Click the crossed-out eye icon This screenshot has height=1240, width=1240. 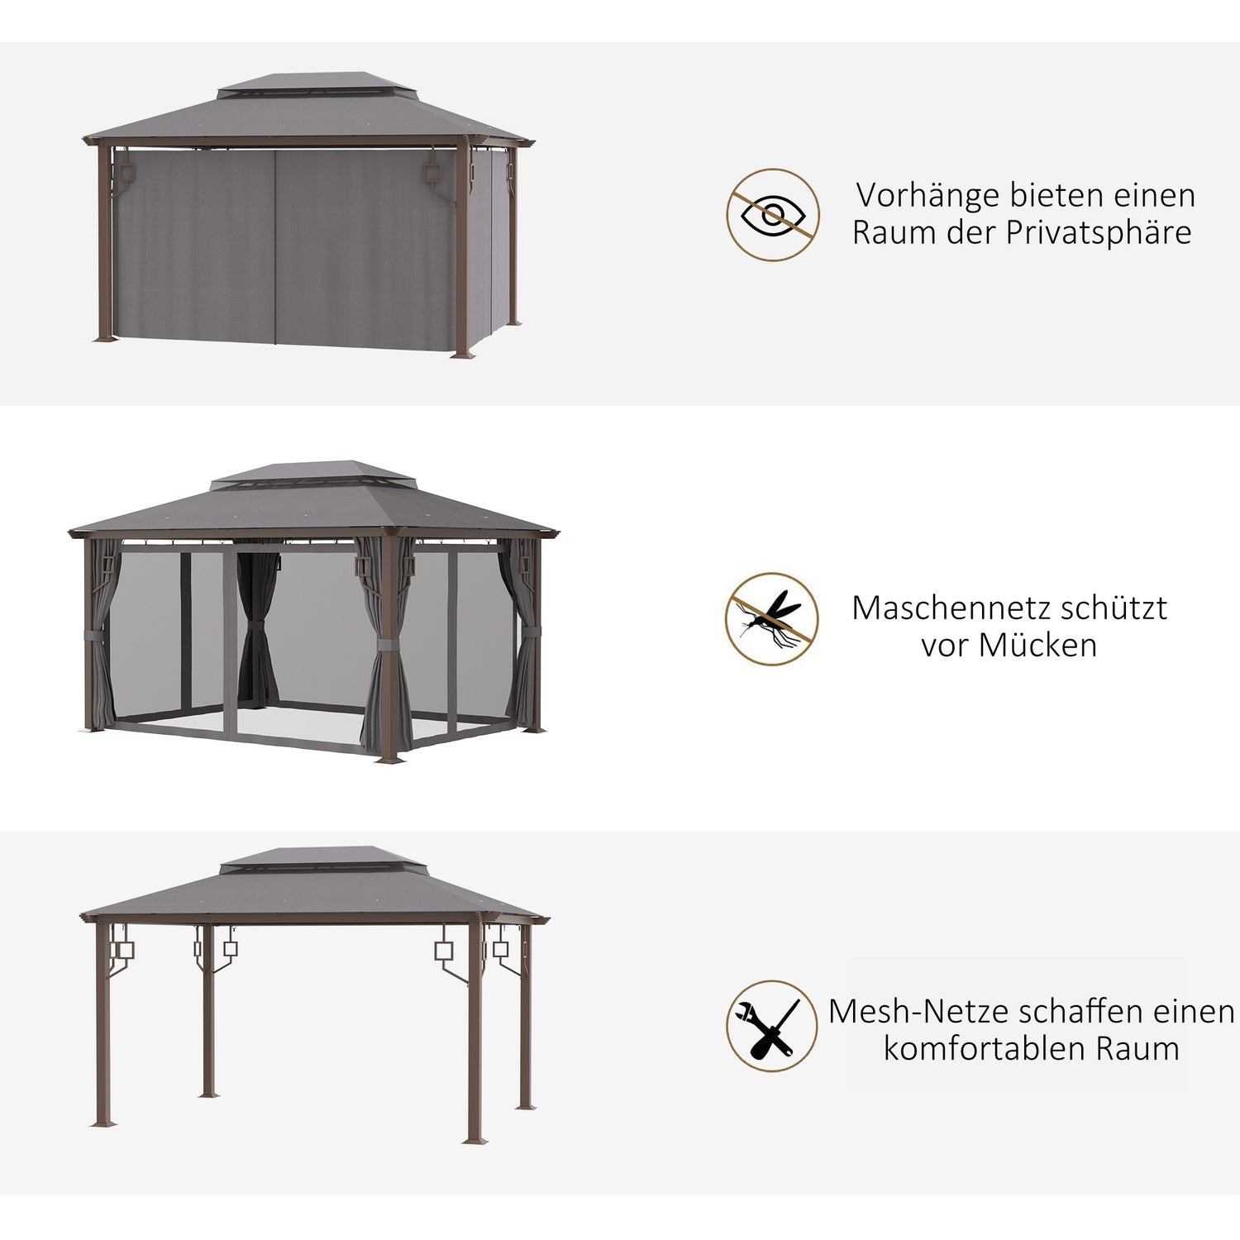pyautogui.click(x=773, y=215)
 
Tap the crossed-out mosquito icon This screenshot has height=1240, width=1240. pyautogui.click(x=772, y=619)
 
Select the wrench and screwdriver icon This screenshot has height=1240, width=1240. pyautogui.click(x=772, y=1026)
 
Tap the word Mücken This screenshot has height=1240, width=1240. pyautogui.click(x=1037, y=645)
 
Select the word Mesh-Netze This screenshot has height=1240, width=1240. pyautogui.click(x=920, y=1012)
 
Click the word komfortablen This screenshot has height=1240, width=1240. pyautogui.click(x=985, y=1048)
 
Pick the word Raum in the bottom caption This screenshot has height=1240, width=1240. pyautogui.click(x=1138, y=1048)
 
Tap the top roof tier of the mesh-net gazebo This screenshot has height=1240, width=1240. pyautogui.click(x=312, y=474)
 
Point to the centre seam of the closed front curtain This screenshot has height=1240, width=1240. pyautogui.click(x=274, y=246)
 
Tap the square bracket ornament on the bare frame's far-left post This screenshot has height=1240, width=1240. pyautogui.click(x=122, y=951)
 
